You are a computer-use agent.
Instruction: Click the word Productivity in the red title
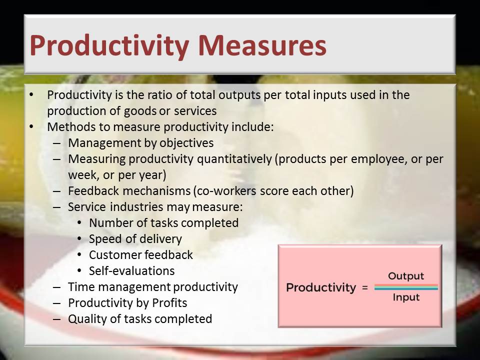point(109,46)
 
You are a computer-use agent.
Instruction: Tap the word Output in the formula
point(406,276)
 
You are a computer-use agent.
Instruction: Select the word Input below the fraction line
point(406,297)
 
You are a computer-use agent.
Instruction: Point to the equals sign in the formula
point(364,288)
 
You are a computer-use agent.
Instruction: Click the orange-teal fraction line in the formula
point(406,287)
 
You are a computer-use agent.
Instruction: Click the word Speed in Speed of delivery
point(104,239)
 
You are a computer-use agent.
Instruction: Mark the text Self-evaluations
point(131,271)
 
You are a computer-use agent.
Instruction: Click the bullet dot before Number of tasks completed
point(79,222)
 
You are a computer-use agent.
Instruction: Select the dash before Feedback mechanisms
point(57,191)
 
